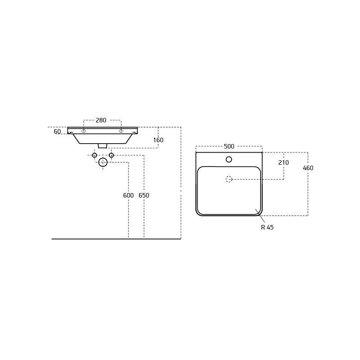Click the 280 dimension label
point(101,120)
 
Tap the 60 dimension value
point(57,131)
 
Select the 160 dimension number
point(158,140)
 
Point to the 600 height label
point(128,195)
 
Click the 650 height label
point(144,195)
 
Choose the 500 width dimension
point(229,146)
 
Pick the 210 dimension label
point(283,162)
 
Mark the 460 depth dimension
point(308,168)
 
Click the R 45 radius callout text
point(267,227)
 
